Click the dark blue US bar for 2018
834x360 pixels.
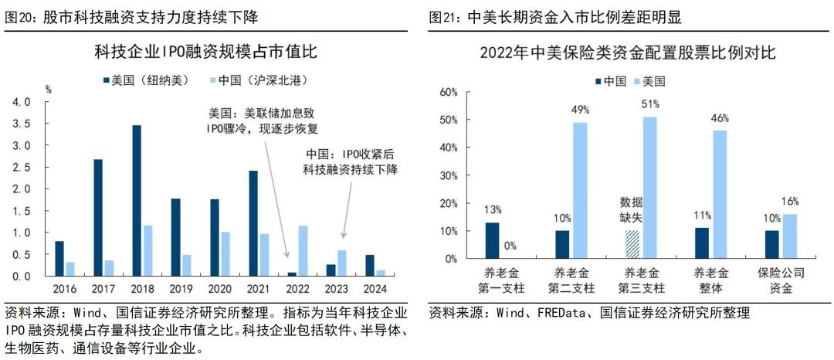click(137, 200)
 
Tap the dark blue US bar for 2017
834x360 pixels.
click(98, 217)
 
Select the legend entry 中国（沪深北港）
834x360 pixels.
click(257, 80)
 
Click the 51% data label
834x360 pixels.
click(650, 104)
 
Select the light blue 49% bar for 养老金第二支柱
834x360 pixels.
click(580, 190)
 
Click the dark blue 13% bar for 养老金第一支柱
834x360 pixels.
click(493, 240)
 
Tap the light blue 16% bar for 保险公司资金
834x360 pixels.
click(790, 236)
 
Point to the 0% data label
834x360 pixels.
click(510, 246)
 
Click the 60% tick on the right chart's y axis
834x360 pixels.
click(449, 92)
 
